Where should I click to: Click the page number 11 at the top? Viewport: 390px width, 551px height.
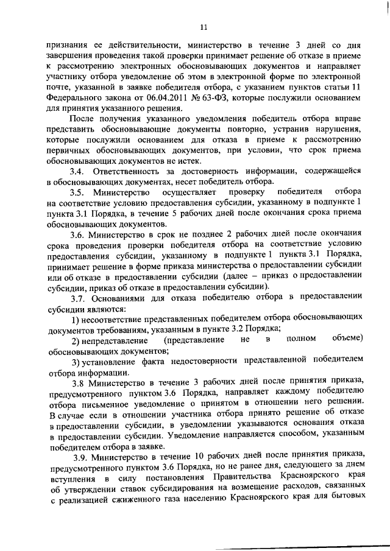(204, 27)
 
